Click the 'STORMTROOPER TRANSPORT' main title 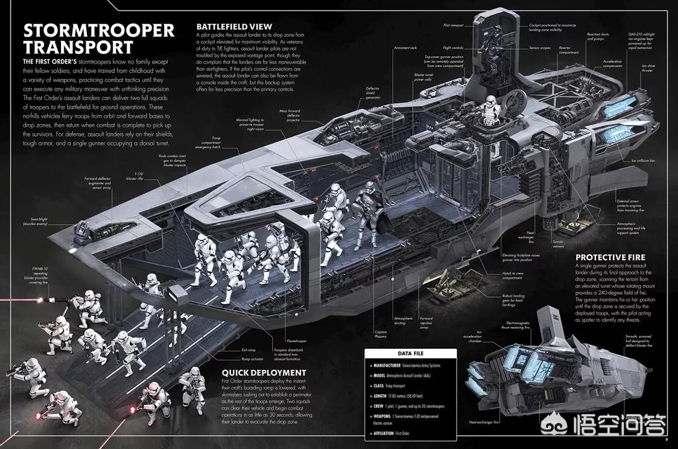click(x=98, y=38)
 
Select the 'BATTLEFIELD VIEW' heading click(x=235, y=27)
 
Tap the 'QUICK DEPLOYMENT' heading click(x=264, y=372)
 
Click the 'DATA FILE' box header click(x=413, y=353)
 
